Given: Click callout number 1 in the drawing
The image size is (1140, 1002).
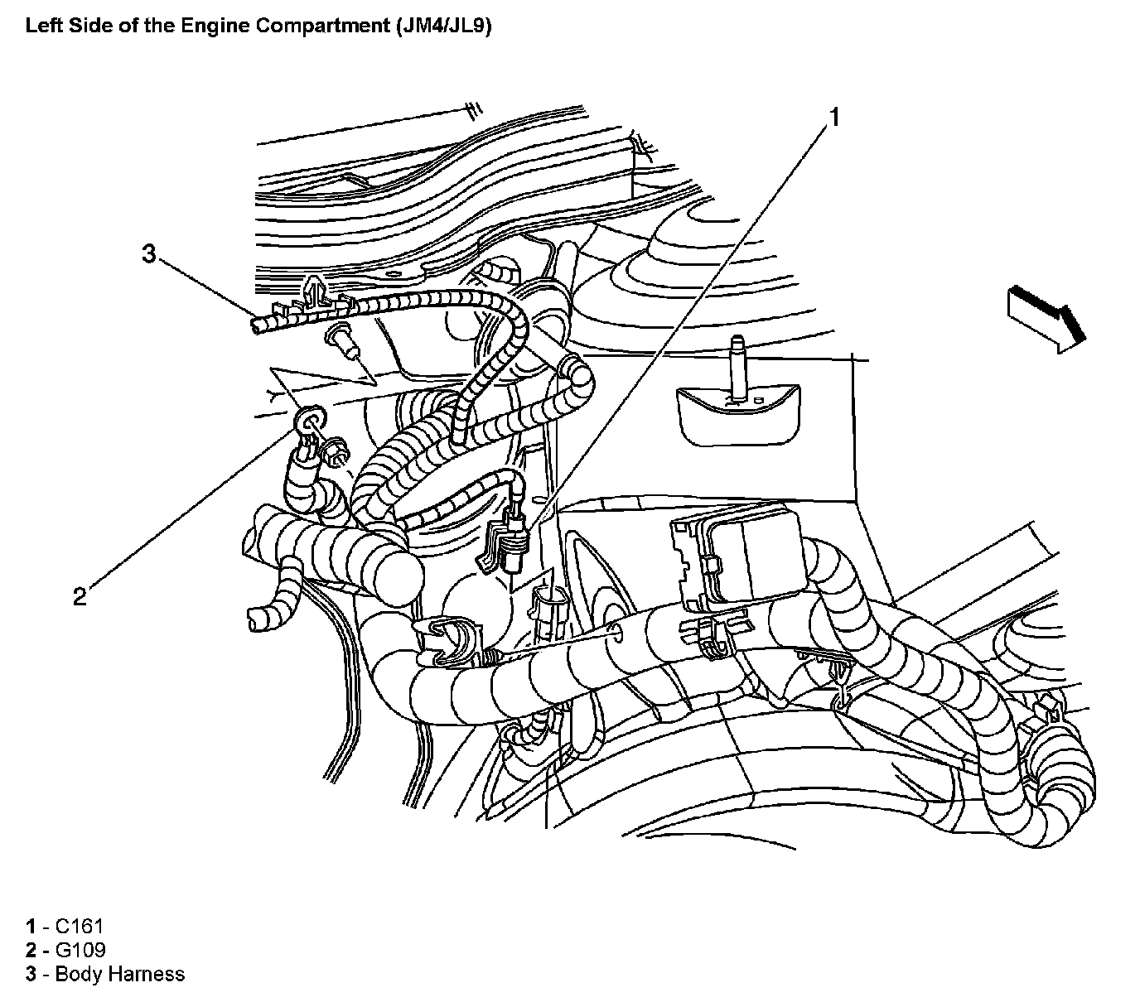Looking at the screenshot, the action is [834, 118].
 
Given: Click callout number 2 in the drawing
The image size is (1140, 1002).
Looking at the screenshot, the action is [80, 596].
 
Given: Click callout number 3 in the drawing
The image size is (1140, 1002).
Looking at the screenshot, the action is [148, 253].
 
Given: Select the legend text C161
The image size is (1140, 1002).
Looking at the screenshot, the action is [80, 926].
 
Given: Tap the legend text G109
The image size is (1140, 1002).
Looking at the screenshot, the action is [80, 950].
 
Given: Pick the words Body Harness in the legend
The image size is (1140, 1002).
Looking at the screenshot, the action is [120, 974].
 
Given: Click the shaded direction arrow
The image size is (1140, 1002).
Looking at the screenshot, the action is [1046, 320].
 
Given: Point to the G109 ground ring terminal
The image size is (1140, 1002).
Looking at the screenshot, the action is [311, 418].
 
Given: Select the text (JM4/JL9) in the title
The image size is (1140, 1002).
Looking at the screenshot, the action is [443, 26].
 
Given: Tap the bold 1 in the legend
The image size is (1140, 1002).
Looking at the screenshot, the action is [31, 926].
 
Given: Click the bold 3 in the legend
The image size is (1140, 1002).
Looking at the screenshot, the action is [31, 974].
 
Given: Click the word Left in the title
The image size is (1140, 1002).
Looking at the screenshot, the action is [45, 26].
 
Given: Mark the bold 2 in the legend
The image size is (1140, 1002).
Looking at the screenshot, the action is [31, 950].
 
